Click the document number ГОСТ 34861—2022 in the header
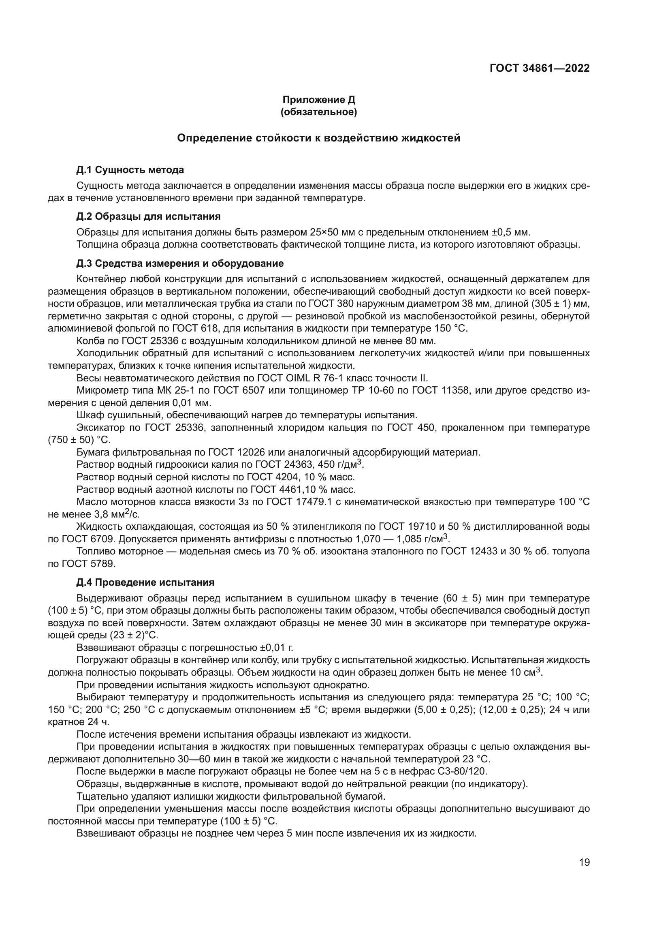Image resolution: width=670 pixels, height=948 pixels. pyautogui.click(x=540, y=68)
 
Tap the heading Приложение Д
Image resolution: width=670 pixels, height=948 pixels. pyautogui.click(x=318, y=100)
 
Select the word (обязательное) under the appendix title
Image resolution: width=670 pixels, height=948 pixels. pyautogui.click(x=318, y=112)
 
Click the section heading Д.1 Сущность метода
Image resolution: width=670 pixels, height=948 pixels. pyautogui.click(x=130, y=170)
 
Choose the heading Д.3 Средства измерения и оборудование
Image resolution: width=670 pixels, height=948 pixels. pyautogui.click(x=180, y=263)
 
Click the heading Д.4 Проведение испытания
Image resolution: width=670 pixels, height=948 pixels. pyautogui.click(x=145, y=582)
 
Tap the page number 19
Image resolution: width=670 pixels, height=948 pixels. pyautogui.click(x=584, y=862)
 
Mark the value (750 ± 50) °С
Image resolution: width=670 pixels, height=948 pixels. pyautogui.click(x=79, y=440)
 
